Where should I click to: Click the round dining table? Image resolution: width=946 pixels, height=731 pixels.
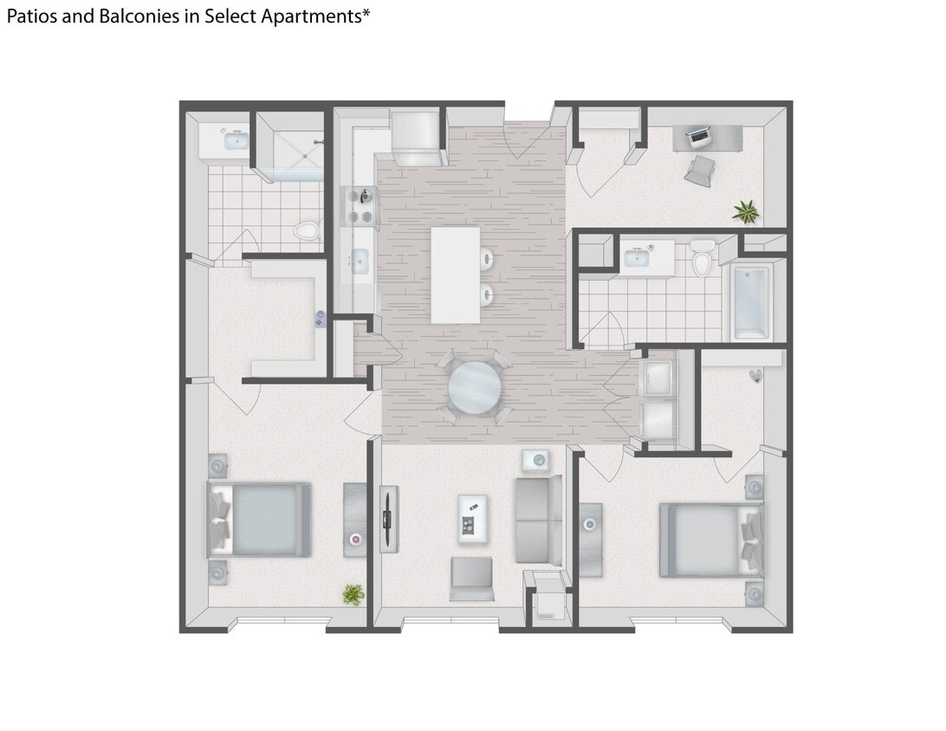click(474, 387)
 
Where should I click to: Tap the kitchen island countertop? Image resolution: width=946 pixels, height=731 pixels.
click(456, 275)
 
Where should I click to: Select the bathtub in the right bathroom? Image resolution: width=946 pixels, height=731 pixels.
click(751, 302)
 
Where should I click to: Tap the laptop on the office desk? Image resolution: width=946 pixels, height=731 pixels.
click(698, 134)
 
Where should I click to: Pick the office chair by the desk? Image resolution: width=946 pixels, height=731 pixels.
click(700, 171)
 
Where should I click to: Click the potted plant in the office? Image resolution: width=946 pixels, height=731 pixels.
click(745, 210)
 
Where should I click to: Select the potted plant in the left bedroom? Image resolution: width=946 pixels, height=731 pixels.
click(353, 594)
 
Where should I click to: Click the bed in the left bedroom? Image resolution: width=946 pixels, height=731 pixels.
click(260, 519)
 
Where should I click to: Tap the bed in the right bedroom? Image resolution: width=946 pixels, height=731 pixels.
click(710, 540)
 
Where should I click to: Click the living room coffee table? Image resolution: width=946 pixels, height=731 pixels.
click(472, 518)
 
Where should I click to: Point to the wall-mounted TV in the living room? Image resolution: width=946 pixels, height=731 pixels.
click(389, 519)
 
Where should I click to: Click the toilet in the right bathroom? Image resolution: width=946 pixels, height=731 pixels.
click(702, 259)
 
